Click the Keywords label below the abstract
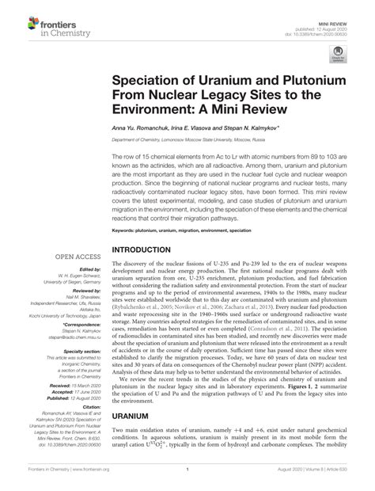coord(125,230)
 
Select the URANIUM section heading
coord(133,413)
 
